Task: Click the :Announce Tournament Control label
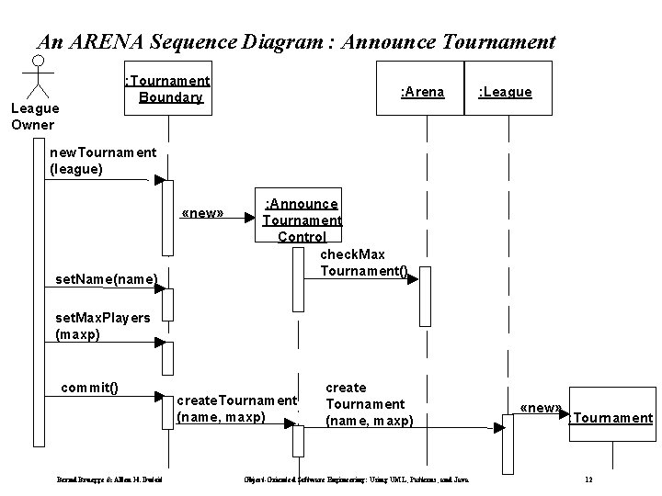point(302,220)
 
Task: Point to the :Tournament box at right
point(611,419)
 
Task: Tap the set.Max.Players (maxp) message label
point(102,326)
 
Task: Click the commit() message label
point(89,387)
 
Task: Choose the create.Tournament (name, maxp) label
point(235,409)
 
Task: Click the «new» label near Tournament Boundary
point(202,213)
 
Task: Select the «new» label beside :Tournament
point(541,407)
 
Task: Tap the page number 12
point(589,480)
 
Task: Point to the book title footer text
point(367,480)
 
